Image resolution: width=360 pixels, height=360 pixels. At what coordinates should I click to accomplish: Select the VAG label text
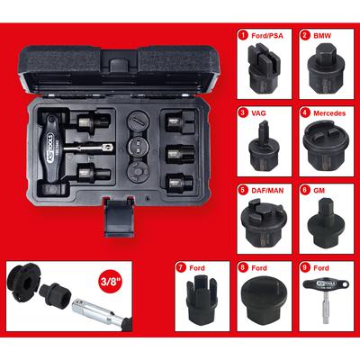tap(256, 114)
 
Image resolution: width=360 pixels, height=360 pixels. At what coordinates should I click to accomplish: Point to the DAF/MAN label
tap(263, 192)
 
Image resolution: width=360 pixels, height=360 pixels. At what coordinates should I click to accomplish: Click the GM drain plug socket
tap(321, 225)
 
